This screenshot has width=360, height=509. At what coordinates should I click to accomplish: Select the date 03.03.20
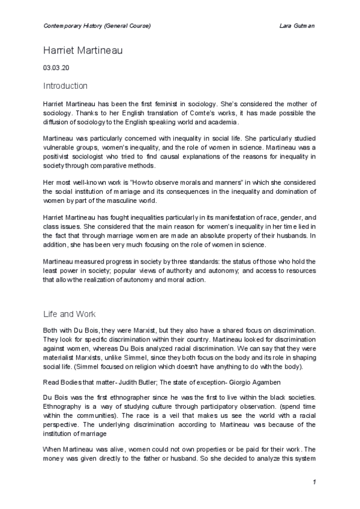click(x=56, y=68)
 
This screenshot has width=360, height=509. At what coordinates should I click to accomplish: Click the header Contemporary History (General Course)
click(x=97, y=26)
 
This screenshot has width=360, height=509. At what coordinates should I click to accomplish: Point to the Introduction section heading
click(x=65, y=86)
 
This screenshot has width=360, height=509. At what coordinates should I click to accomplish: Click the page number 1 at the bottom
click(x=314, y=482)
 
